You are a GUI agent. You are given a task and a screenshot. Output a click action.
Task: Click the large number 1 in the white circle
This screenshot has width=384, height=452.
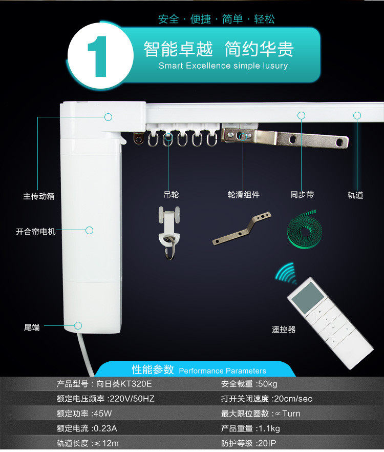[x=97, y=56]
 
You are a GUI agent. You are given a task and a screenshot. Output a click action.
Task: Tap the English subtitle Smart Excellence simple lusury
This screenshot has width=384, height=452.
[x=223, y=66]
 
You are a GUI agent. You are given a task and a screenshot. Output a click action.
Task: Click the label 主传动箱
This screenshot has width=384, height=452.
[x=38, y=196]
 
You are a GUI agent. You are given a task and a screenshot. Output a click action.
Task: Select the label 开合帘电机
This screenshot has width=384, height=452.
[x=35, y=232]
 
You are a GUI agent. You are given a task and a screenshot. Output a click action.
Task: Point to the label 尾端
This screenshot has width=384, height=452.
[x=32, y=327]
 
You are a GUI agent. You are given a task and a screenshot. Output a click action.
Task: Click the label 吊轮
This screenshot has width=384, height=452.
[x=171, y=195]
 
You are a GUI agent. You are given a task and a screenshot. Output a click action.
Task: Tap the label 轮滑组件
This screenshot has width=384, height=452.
[x=243, y=195]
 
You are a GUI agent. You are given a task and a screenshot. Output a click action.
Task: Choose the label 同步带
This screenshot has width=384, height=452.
[x=302, y=195]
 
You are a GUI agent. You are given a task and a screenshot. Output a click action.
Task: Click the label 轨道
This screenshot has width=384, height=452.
[x=355, y=195]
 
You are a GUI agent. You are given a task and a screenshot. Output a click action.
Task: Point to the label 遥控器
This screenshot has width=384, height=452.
[x=284, y=330]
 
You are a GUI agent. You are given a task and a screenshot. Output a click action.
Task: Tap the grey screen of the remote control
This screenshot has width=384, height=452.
[x=307, y=297]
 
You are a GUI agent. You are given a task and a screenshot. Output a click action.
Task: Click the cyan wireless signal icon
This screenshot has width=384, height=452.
[x=286, y=273]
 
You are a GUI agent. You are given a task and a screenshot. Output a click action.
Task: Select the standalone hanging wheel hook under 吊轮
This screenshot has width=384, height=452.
[x=169, y=233]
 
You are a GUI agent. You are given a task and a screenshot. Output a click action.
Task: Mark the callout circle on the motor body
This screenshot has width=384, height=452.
[x=89, y=230]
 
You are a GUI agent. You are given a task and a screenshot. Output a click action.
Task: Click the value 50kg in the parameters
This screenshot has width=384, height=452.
[x=268, y=384]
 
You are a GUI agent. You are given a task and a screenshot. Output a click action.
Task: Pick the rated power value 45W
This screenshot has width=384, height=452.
[x=103, y=414]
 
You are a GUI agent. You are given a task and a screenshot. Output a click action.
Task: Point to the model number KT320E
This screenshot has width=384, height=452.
[x=136, y=384]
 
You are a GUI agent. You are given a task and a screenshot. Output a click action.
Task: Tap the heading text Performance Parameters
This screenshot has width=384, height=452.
[x=222, y=371]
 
